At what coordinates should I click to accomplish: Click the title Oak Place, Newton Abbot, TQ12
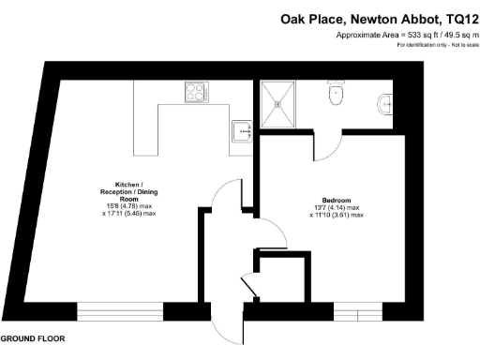[380, 17]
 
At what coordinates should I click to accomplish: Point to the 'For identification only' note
[437, 45]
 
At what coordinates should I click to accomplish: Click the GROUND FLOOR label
[32, 338]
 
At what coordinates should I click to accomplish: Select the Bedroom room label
[337, 202]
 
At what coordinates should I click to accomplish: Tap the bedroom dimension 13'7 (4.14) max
[337, 208]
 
